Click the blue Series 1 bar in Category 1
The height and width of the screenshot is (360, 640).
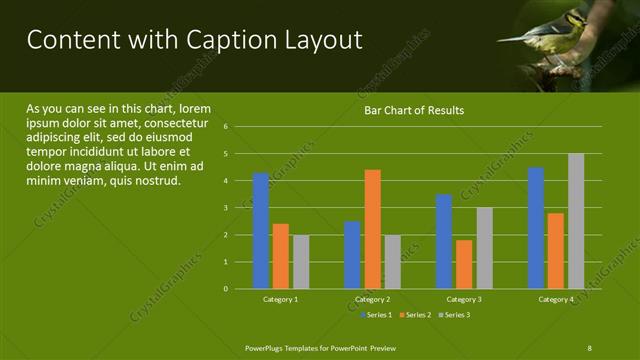pos(261,231)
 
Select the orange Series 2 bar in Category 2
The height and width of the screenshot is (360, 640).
pos(372,229)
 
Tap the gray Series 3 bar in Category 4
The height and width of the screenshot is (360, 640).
pos(576,221)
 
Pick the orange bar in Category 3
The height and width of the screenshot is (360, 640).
pos(464,264)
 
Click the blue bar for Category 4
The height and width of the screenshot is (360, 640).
pos(536,228)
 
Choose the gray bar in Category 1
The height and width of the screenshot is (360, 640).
pos(301,262)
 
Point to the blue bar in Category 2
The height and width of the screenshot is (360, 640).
pos(352,255)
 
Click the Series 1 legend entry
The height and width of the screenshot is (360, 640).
pos(376,315)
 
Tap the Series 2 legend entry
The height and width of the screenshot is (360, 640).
pos(414,315)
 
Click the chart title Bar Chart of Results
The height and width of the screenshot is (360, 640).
pos(413,110)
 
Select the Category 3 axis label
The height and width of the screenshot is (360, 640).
pos(464,299)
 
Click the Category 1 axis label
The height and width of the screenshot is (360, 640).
pos(280,299)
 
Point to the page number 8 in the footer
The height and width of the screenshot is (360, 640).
pos(589,347)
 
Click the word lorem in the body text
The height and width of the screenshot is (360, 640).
pos(195,108)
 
